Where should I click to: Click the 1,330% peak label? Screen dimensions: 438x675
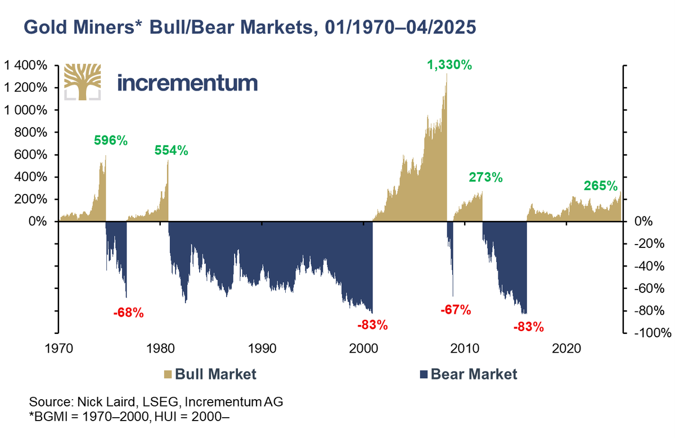coord(449,65)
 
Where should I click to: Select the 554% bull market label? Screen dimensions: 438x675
coord(172,150)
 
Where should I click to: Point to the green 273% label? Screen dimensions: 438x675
coord(485,178)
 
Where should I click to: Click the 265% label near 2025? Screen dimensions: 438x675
coord(600,186)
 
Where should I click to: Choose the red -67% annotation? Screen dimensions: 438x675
coord(454,310)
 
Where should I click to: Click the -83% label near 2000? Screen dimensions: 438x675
coord(372,325)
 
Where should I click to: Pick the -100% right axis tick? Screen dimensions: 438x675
coord(651,333)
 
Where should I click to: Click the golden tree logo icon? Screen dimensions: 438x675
coord(83,82)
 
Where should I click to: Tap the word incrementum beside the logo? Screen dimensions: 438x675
coord(187,83)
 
